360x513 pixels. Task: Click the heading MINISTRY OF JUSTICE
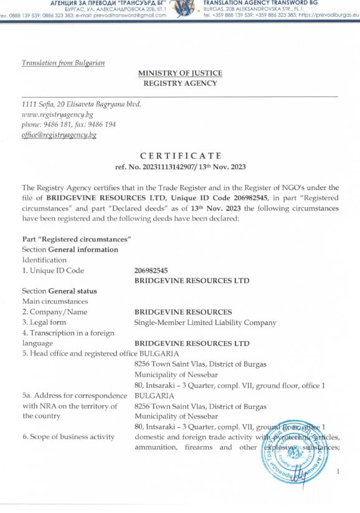pyautogui.click(x=180, y=73)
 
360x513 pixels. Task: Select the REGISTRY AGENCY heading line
pyautogui.click(x=180, y=82)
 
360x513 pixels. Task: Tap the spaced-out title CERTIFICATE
pyautogui.click(x=180, y=155)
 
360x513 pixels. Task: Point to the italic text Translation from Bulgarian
pyautogui.click(x=64, y=63)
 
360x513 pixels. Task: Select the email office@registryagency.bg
pyautogui.click(x=59, y=135)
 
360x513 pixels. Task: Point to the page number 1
pyautogui.click(x=338, y=472)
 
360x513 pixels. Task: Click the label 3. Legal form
pyautogui.click(x=44, y=322)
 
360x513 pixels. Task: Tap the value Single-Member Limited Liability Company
pyautogui.click(x=205, y=322)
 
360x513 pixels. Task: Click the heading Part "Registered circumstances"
pyautogui.click(x=77, y=240)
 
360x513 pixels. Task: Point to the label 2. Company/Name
pyautogui.click(x=55, y=312)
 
